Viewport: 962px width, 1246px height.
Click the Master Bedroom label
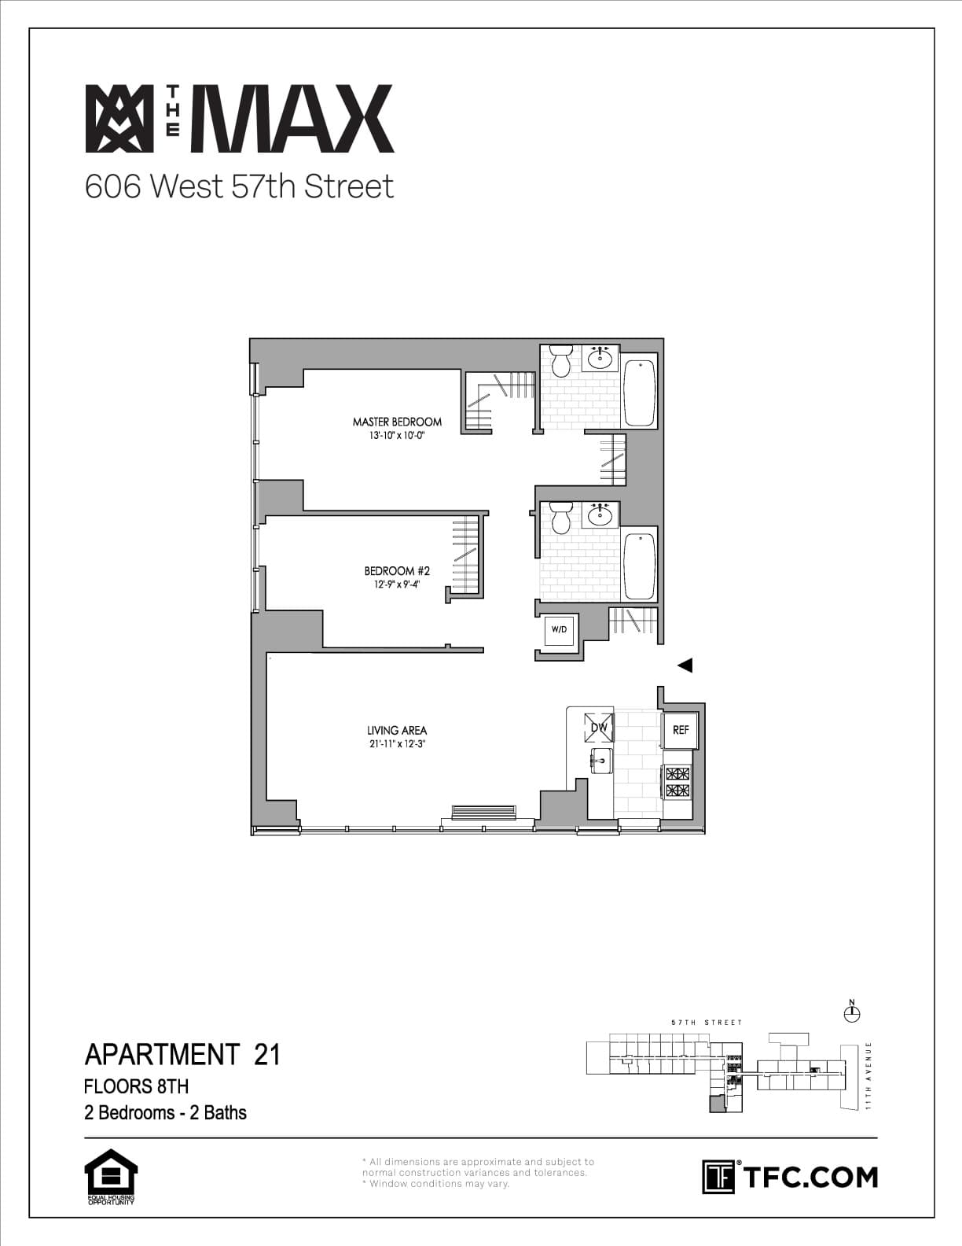397,422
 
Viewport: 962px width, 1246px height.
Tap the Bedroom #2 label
397,571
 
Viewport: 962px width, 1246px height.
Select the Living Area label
397,731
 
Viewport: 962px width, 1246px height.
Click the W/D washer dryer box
559,629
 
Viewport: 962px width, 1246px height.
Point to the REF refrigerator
681,730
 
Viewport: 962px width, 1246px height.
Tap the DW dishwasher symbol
599,728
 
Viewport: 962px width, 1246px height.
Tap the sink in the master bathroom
601,358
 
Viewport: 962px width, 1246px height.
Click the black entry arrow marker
685,665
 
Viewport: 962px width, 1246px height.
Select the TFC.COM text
810,1178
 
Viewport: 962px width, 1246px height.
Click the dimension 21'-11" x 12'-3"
397,744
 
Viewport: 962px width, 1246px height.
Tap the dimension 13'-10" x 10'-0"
397,435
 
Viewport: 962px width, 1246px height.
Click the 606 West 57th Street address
239,186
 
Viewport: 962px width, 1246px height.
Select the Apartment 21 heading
182,1053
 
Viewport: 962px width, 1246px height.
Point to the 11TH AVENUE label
868,1076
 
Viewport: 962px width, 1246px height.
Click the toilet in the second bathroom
561,518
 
